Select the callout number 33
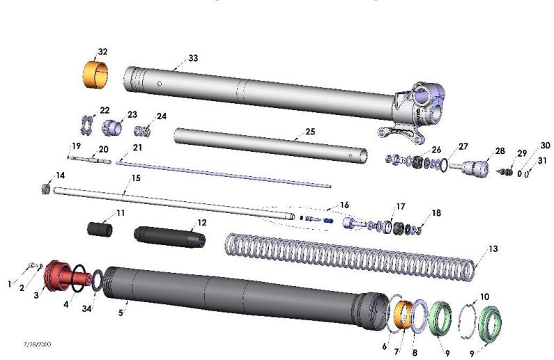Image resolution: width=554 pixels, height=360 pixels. point(193,58)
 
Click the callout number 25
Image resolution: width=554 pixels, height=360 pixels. point(311,131)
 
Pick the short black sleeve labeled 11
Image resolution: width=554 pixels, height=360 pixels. point(100,229)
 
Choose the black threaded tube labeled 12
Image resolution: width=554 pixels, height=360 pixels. point(169,235)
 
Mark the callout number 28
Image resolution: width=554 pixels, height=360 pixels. point(500,151)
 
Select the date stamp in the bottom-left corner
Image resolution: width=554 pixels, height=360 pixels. point(36,345)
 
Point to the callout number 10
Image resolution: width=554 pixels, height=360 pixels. point(484,297)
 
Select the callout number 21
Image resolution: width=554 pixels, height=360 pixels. point(137,147)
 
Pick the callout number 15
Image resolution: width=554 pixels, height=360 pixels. point(136,179)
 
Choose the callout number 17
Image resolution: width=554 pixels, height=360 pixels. point(400,206)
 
